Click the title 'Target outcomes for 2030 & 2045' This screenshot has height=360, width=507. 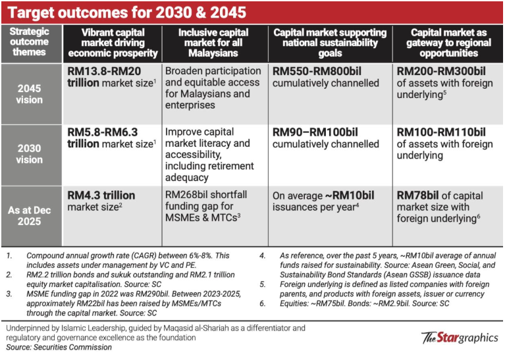click(128, 12)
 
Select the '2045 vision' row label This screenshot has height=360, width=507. click(30, 95)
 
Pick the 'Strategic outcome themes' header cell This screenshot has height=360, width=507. click(30, 42)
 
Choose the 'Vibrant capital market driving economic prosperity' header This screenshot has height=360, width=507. click(114, 42)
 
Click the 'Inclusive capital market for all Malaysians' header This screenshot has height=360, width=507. click(215, 42)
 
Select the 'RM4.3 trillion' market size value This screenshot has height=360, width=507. click(101, 195)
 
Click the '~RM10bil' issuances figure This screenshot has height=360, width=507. click(350, 196)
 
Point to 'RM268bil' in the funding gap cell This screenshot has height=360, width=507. click(186, 195)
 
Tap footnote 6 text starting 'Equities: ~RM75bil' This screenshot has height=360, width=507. click(350, 305)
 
